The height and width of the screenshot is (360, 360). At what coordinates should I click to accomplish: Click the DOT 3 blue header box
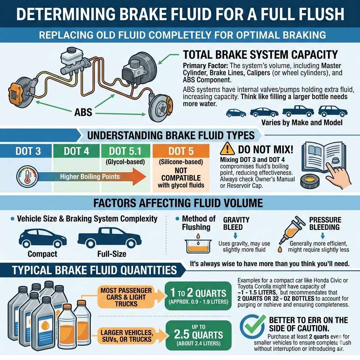pos(28,152)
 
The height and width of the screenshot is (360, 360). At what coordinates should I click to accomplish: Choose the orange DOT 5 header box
pos(181,152)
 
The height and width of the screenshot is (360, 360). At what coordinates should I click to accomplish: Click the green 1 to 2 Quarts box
pos(198,295)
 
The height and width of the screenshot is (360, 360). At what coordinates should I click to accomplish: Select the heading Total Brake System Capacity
pos(261,55)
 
